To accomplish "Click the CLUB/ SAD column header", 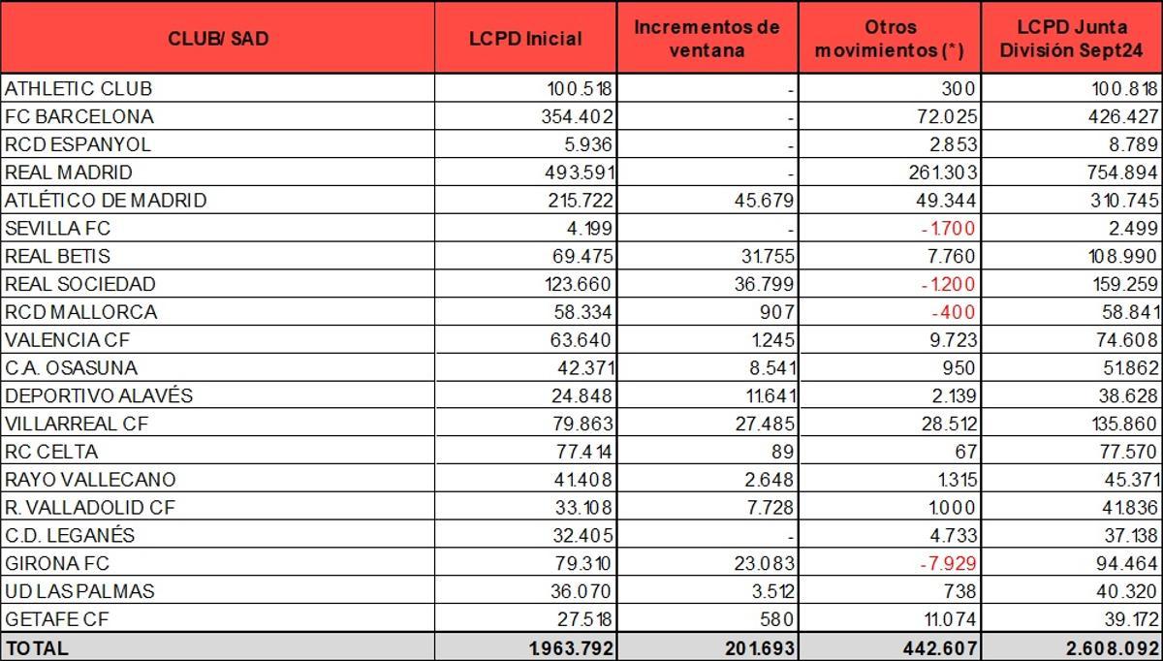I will pyautogui.click(x=217, y=39).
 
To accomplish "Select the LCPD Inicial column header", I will pyautogui.click(x=525, y=39).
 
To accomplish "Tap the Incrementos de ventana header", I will pyautogui.click(x=707, y=38).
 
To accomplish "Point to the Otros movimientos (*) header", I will pyautogui.click(x=889, y=39).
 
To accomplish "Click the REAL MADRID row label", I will pyautogui.click(x=69, y=173).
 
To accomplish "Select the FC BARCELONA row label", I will pyautogui.click(x=79, y=116).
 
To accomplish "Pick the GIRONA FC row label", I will pyautogui.click(x=57, y=563).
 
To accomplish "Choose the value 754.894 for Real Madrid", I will pyautogui.click(x=1123, y=173).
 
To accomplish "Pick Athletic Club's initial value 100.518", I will pyautogui.click(x=580, y=88).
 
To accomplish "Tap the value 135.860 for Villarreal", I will pyautogui.click(x=1123, y=424).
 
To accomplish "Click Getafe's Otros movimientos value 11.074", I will pyautogui.click(x=945, y=619).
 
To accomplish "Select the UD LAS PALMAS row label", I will pyautogui.click(x=79, y=591).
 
